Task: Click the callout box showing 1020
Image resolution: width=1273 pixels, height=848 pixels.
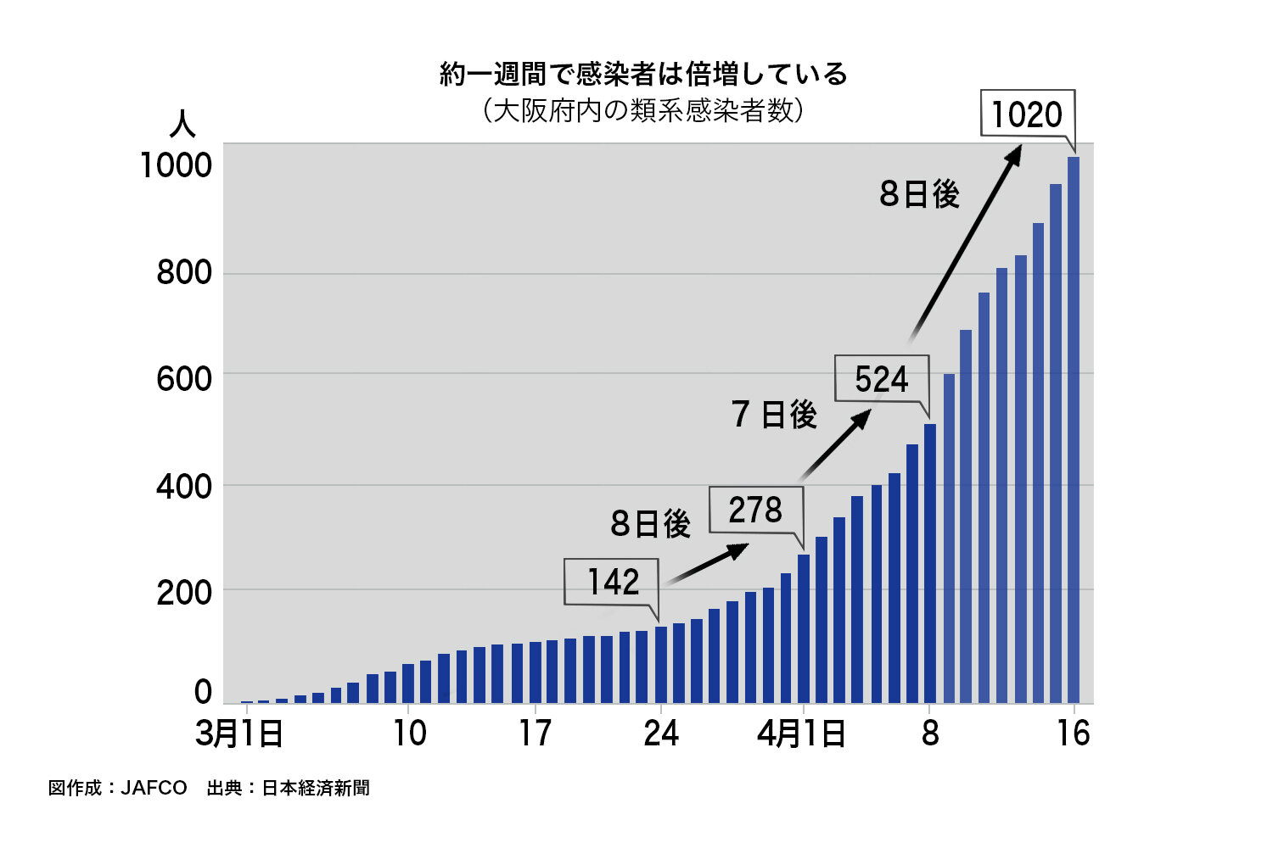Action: point(1027,114)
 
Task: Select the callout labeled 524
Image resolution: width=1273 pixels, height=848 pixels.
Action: point(881,378)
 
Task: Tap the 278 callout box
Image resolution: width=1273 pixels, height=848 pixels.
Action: point(755,510)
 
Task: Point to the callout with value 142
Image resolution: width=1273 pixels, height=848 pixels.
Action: point(612,582)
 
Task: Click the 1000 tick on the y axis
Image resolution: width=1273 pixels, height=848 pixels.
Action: point(176,165)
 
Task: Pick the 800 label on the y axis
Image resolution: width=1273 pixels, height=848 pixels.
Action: point(183,272)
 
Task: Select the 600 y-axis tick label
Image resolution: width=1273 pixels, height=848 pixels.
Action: point(183,379)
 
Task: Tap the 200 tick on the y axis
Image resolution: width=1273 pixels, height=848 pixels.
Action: point(183,593)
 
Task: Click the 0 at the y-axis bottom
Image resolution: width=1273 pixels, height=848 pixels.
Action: point(203,693)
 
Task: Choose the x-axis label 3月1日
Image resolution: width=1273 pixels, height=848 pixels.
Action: point(239,734)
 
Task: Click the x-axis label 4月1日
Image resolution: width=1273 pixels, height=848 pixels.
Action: point(801,734)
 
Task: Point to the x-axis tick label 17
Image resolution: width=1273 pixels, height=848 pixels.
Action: point(536,734)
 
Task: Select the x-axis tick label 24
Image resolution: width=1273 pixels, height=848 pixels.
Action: point(661,734)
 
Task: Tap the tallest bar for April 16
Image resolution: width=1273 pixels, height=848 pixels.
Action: point(1074,429)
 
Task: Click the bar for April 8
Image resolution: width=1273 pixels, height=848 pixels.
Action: point(930,563)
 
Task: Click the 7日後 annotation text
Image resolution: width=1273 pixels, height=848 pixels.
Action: point(774,415)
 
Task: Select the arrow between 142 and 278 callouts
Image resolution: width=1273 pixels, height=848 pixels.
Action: point(706,564)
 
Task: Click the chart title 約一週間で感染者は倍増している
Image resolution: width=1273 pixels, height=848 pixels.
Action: point(643,74)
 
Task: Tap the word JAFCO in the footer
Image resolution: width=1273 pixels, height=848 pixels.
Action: point(154,788)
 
